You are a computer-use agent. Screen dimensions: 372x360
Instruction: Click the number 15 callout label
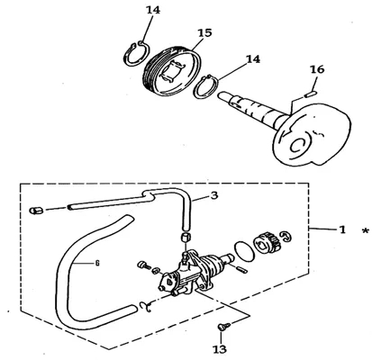tap(204, 32)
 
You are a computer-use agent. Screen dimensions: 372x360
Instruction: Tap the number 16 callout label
tap(317, 69)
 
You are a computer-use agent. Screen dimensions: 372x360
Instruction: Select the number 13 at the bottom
tap(220, 349)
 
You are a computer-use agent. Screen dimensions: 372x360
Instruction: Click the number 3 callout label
tap(214, 195)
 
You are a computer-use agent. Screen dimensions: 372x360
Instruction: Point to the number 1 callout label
tap(342, 229)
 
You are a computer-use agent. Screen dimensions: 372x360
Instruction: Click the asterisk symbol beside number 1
tap(366, 231)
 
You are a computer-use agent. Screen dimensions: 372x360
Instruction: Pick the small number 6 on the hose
tap(97, 264)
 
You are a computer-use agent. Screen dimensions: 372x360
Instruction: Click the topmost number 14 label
tap(153, 10)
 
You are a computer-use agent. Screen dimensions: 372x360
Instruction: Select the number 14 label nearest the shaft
tap(253, 59)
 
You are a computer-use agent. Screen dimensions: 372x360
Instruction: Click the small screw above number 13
tap(223, 327)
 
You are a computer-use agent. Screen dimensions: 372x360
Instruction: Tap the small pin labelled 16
tap(309, 95)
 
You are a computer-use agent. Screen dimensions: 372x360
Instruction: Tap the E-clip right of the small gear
tap(286, 236)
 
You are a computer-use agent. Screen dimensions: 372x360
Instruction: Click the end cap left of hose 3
tap(36, 211)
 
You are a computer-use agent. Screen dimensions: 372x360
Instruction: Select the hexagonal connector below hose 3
tap(186, 238)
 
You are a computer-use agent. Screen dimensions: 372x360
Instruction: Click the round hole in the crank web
tap(299, 146)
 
